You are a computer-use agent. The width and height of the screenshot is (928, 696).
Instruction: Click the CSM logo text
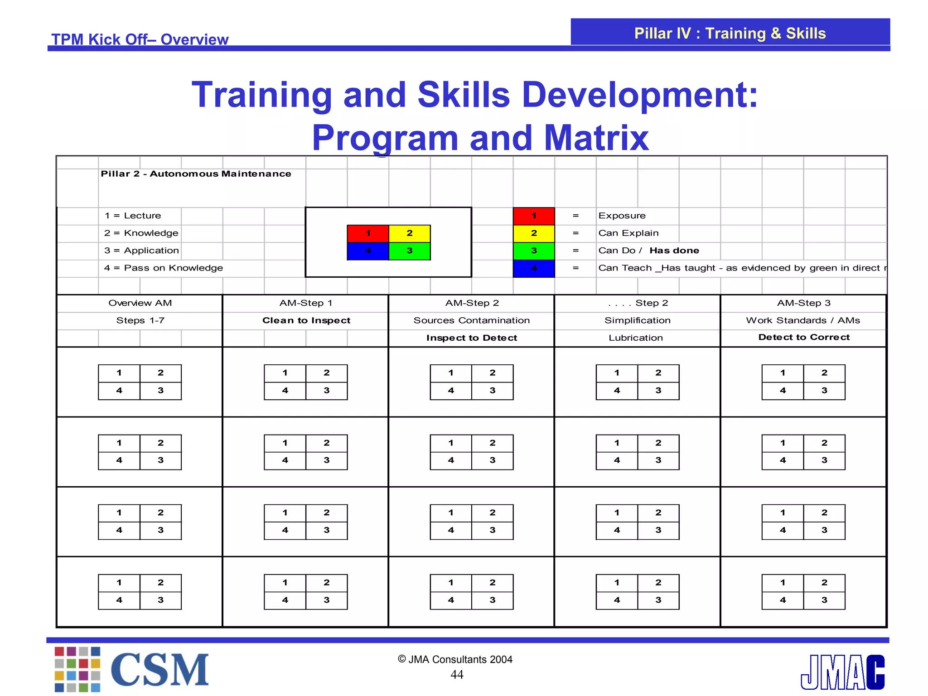[159, 670]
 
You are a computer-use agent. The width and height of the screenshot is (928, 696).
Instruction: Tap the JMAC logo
[842, 672]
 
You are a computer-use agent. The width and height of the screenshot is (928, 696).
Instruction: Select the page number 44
[457, 675]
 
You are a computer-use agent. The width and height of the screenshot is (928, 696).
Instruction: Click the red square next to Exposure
[534, 216]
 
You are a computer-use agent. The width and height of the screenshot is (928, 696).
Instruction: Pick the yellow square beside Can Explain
[534, 233]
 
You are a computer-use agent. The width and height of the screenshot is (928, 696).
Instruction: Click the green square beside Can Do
[534, 251]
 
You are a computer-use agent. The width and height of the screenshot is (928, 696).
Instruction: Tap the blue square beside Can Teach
[534, 268]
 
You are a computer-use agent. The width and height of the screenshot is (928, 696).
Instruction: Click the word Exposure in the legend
[622, 216]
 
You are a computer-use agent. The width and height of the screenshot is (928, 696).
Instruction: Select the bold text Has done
[674, 251]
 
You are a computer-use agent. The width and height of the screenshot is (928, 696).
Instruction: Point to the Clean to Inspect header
[306, 320]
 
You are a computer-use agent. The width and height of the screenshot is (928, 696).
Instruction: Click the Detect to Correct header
[804, 337]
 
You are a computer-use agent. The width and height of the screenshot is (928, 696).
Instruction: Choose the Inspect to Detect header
[472, 338]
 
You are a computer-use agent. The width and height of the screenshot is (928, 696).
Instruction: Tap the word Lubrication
[636, 338]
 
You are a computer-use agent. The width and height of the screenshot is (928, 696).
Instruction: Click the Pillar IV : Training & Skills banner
[730, 33]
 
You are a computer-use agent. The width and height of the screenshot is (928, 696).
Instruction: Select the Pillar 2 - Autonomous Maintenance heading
[196, 174]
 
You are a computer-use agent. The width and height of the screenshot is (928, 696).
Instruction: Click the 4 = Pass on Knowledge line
[164, 268]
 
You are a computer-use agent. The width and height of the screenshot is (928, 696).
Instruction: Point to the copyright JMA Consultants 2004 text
[455, 659]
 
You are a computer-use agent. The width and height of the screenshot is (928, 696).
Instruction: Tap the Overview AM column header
[140, 303]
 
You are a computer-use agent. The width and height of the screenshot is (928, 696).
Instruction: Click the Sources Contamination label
[472, 320]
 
